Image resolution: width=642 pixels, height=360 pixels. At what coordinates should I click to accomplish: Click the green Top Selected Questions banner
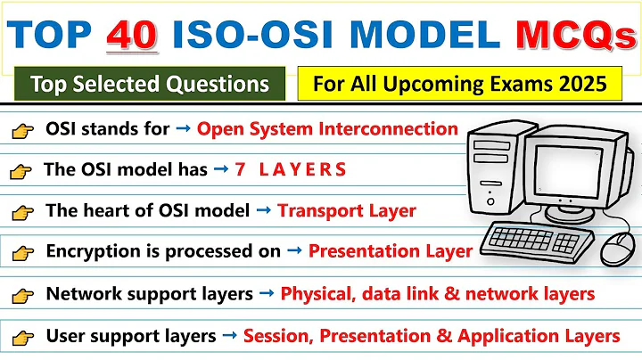tap(150, 85)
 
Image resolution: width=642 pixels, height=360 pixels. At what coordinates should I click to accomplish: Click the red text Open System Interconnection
tap(327, 128)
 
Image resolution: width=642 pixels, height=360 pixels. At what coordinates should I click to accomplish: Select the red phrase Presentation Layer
tap(391, 251)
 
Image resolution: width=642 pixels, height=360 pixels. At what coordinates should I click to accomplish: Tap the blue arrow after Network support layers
tap(267, 293)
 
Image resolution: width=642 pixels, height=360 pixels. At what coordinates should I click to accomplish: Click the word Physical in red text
tap(315, 294)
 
